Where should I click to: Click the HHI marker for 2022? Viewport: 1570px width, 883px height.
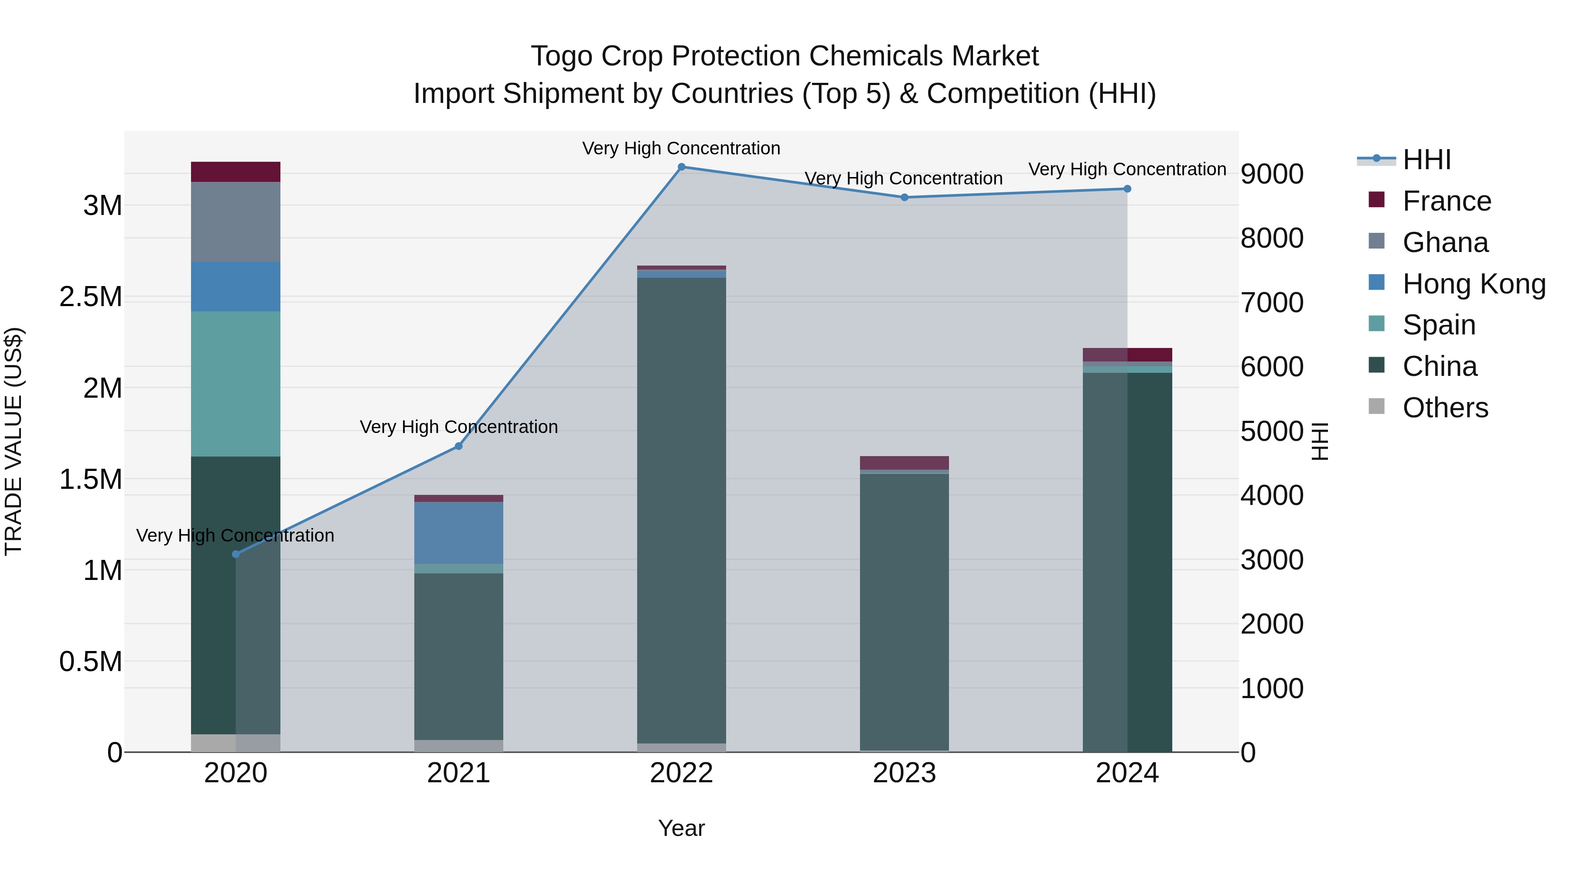[x=681, y=167]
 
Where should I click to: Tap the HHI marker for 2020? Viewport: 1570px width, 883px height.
[x=236, y=554]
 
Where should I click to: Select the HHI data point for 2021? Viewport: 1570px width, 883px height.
[x=459, y=446]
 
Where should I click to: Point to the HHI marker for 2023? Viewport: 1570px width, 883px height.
[x=904, y=198]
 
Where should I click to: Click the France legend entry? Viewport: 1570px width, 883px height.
[x=1446, y=201]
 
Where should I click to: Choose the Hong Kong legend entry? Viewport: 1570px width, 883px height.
[x=1473, y=284]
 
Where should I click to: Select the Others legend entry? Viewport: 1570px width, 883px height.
[x=1444, y=408]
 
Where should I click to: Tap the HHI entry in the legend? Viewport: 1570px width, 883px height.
[x=1426, y=160]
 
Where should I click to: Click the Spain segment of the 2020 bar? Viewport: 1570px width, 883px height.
[x=236, y=384]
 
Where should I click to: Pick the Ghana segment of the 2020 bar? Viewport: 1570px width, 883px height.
[x=236, y=222]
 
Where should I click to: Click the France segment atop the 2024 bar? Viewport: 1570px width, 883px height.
[x=1127, y=355]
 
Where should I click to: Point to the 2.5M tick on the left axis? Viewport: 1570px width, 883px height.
[x=90, y=297]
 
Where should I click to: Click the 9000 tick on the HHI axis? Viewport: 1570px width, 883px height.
[x=1272, y=174]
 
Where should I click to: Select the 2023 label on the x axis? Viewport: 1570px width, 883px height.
[x=904, y=773]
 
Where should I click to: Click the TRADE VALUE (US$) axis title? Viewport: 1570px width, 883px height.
[x=14, y=441]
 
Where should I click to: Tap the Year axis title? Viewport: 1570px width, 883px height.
[x=681, y=828]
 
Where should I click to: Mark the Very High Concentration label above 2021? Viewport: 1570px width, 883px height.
[x=459, y=426]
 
